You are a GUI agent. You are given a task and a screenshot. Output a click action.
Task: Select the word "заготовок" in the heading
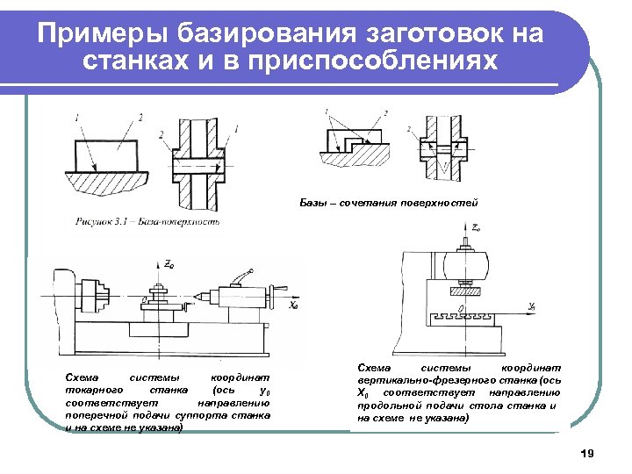[420, 34]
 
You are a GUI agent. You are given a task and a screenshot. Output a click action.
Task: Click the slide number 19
[587, 454]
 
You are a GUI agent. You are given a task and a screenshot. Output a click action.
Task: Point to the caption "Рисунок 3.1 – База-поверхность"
[147, 221]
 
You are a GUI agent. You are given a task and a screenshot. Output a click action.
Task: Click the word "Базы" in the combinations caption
[313, 203]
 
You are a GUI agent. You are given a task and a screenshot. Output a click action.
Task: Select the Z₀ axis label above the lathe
[169, 263]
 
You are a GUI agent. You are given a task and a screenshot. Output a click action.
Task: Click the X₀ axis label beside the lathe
[293, 306]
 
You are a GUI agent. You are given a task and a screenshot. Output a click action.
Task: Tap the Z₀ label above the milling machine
[475, 227]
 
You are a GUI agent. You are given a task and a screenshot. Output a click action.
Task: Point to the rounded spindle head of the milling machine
[465, 262]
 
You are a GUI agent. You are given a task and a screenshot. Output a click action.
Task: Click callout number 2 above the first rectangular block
[140, 117]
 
